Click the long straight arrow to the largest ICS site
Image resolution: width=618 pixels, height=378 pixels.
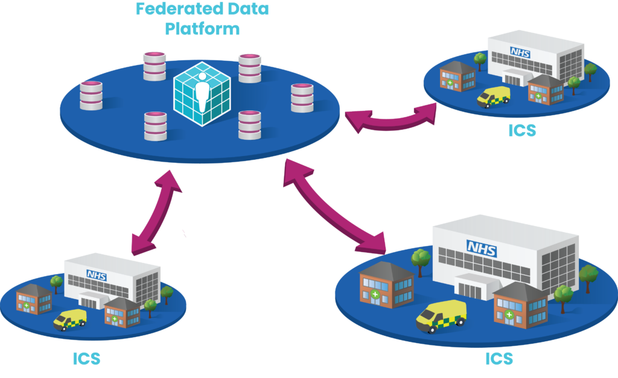click(335, 205)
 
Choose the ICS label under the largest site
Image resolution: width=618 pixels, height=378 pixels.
click(499, 359)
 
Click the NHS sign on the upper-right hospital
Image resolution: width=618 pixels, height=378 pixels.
click(521, 52)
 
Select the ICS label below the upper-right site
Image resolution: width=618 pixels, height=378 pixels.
click(522, 130)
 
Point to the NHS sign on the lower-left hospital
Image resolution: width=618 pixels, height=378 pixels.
click(95, 275)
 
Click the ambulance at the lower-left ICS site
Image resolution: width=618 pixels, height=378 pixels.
click(69, 319)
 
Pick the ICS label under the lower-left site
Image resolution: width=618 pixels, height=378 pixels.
click(86, 359)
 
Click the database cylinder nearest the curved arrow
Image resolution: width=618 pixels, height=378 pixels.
click(302, 98)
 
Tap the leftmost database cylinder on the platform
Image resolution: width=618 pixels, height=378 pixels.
click(91, 95)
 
